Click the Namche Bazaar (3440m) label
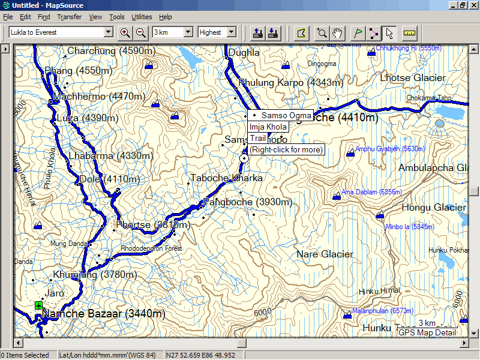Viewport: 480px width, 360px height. tap(104, 314)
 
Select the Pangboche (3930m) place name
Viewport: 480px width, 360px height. tap(248, 202)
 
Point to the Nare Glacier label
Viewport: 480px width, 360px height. tap(325, 254)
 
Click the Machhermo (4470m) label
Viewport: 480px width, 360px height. tap(99, 96)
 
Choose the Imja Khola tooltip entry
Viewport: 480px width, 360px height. tap(268, 127)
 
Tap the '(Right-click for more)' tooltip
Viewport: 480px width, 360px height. tap(286, 149)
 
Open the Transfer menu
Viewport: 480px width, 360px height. tap(70, 17)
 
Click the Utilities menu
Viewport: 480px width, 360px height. tap(142, 17)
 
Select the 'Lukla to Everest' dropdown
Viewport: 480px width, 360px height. tap(61, 32)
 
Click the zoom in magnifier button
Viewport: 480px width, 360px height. tap(125, 32)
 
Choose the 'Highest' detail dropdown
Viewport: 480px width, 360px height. tap(217, 32)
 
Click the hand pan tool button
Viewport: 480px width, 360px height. tap(338, 32)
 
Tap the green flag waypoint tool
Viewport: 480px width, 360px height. tap(358, 32)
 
